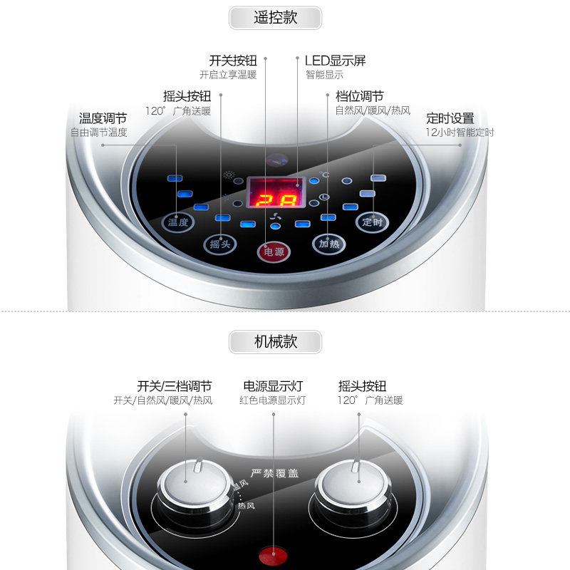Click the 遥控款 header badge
point(276,18)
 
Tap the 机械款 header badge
point(276,341)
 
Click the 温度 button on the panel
point(177,222)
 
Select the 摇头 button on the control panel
point(220,244)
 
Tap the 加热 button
point(328,244)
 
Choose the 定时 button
point(372,222)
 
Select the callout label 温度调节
point(103,118)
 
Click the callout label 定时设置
point(450,118)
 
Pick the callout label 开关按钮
point(232,61)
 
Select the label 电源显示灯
point(273,386)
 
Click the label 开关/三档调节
point(175,386)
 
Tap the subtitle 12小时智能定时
point(460,133)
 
